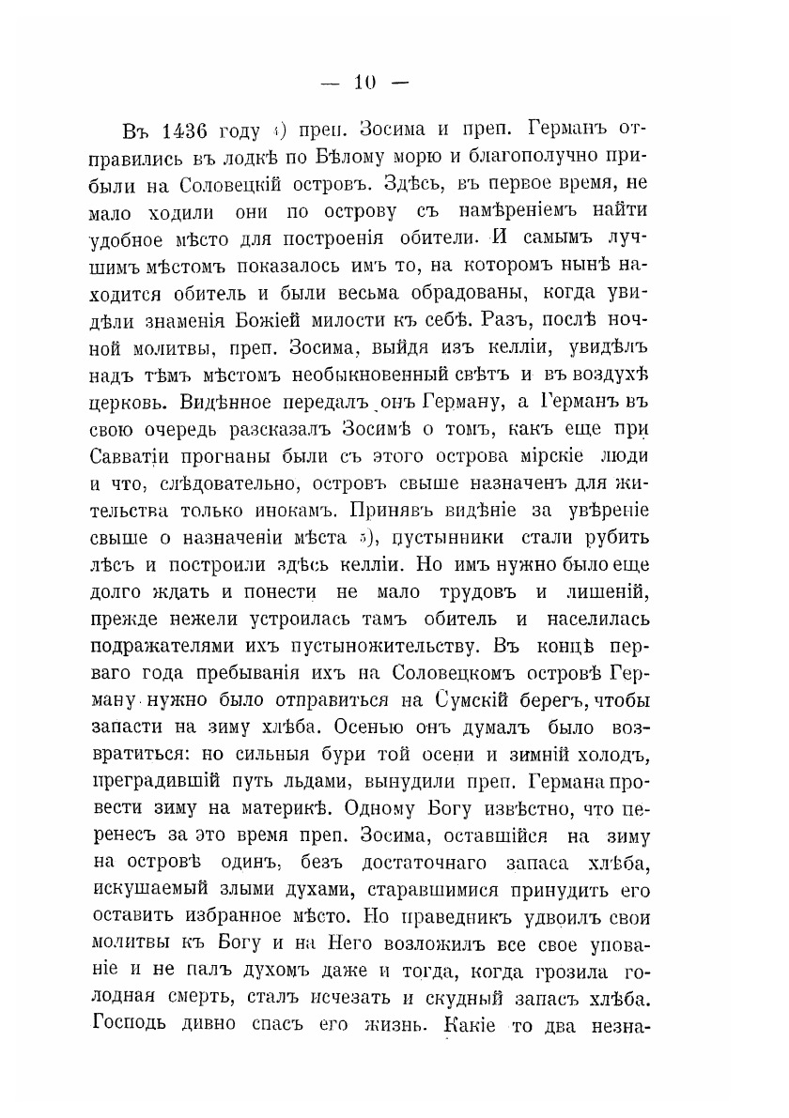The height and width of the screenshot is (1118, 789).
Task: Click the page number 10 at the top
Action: pos(362,82)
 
